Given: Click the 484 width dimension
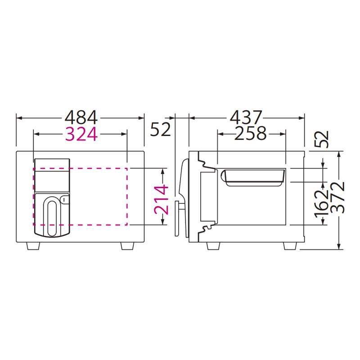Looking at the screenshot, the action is [81, 117].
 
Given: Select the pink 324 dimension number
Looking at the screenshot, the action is [81, 134].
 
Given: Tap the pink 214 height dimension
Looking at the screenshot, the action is [162, 200].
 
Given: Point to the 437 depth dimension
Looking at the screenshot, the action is [246, 117].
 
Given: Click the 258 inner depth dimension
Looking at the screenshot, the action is [251, 133].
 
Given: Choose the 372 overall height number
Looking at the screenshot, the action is [338, 198].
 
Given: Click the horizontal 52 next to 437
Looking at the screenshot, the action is [161, 129].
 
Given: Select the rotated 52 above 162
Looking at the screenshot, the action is [322, 139].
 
